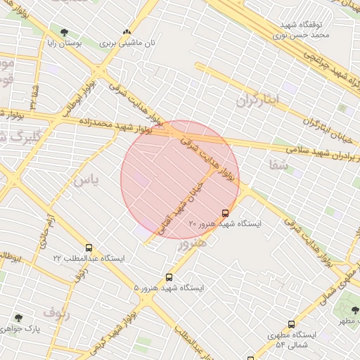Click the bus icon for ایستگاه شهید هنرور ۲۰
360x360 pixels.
pos(225,213)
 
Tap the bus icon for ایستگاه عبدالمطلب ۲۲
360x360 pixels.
pos(89,248)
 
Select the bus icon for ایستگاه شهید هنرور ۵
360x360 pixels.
pos(169,278)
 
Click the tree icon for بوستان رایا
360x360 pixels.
pos(64,32)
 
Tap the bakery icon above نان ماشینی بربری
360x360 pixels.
pos(127,32)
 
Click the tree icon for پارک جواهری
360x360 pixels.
pos(18,318)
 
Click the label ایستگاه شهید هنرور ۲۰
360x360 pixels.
pos(225,224)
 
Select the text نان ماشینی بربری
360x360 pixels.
pos(131,43)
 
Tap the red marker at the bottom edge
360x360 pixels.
pos(250,356)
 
